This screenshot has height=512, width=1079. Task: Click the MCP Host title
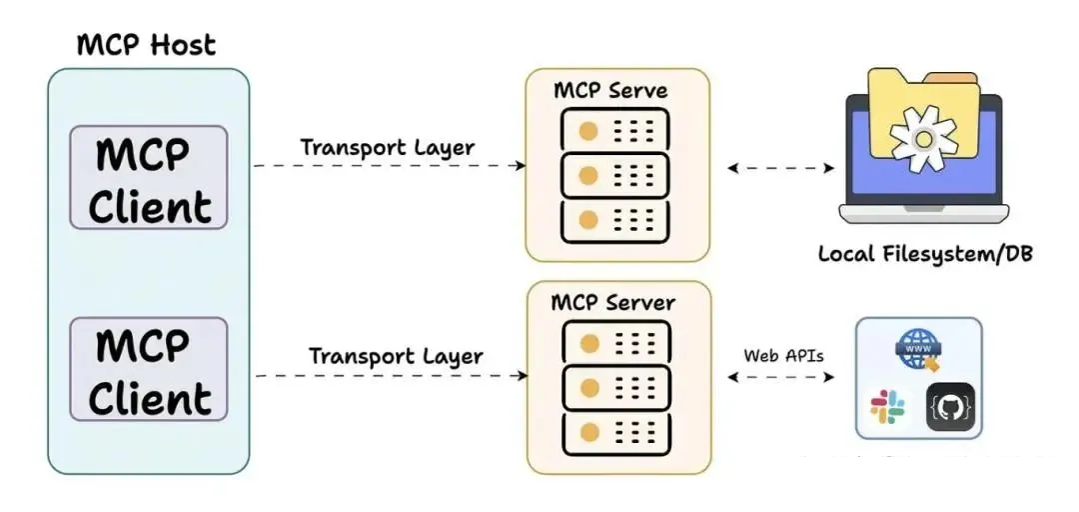(x=146, y=45)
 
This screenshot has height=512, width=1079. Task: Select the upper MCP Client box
(x=149, y=177)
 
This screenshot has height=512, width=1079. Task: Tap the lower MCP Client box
(x=149, y=369)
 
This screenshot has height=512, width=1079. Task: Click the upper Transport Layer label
(x=388, y=148)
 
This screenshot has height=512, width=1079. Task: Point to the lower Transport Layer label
(x=396, y=357)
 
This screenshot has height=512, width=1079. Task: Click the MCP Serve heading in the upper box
(x=610, y=90)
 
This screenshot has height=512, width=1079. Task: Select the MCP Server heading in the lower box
(x=613, y=303)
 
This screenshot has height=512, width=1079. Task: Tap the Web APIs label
(x=783, y=356)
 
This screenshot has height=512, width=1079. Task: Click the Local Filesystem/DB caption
(x=925, y=254)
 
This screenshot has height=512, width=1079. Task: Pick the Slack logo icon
(x=888, y=407)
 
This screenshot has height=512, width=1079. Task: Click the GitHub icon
(x=950, y=407)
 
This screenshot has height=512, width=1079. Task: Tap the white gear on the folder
(x=923, y=139)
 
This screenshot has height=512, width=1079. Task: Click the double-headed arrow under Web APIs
(x=781, y=376)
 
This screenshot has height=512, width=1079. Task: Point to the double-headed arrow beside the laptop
(x=781, y=167)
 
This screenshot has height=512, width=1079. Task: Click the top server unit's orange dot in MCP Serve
(x=588, y=131)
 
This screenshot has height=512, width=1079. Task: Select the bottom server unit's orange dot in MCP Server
(x=589, y=433)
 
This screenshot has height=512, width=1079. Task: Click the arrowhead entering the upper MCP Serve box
(x=521, y=165)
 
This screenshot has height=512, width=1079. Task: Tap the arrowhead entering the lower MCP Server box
(x=523, y=376)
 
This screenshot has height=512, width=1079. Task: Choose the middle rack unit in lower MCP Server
(x=616, y=389)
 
